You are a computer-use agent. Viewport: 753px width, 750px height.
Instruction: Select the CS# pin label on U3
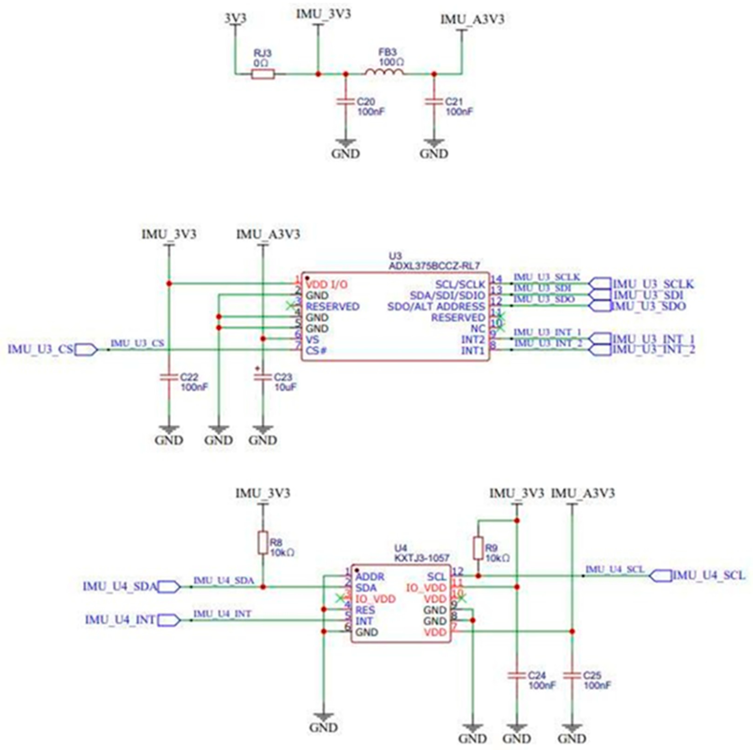[316, 350]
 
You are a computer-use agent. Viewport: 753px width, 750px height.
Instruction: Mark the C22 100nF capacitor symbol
[169, 377]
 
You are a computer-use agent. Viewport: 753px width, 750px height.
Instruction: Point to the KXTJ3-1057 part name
[422, 558]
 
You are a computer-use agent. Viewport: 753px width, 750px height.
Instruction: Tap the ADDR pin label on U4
[370, 576]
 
